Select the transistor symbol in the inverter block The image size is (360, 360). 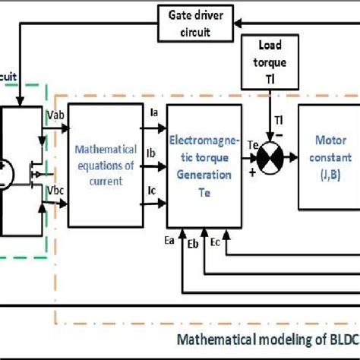click(34, 171)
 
